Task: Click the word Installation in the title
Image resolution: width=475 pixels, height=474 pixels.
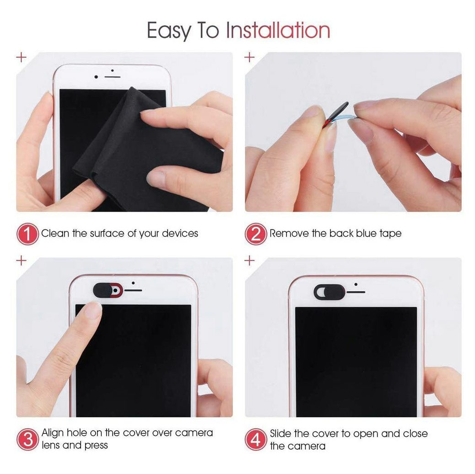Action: [x=278, y=30]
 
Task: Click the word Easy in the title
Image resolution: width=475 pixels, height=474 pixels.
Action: [x=169, y=31]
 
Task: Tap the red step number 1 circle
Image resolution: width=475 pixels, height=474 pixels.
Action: [x=27, y=234]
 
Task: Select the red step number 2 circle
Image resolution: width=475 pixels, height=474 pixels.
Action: [x=256, y=234]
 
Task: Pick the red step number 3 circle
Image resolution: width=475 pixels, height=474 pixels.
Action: [x=27, y=439]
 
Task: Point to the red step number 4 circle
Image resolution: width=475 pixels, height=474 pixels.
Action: [x=256, y=440]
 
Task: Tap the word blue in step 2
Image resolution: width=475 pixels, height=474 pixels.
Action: [x=366, y=234]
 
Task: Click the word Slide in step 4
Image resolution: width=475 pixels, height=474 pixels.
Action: [x=281, y=434]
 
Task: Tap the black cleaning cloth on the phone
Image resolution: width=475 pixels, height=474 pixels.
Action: [x=142, y=151]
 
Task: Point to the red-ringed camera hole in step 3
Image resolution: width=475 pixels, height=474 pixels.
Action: [x=115, y=291]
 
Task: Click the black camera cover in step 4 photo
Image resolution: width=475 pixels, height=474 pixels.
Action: [x=329, y=293]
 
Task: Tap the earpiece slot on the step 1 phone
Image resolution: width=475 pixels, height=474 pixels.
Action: [x=113, y=77]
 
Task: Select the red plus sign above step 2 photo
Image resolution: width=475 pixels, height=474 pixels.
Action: [x=249, y=57]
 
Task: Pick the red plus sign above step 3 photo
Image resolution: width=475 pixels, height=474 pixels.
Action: [x=21, y=260]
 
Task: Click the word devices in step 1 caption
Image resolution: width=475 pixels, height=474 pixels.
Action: [x=180, y=234]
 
